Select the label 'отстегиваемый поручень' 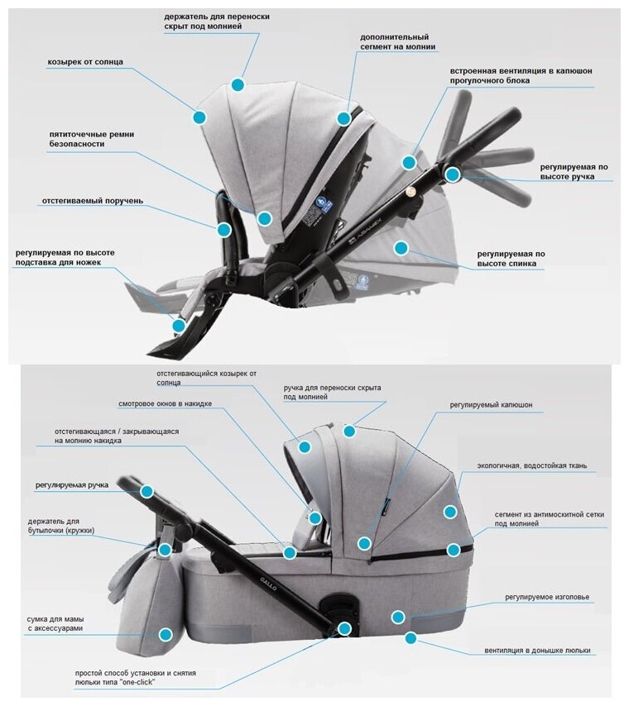pyautogui.click(x=93, y=200)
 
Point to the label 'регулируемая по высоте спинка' pyautogui.click(x=511, y=258)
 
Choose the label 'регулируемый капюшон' pyautogui.click(x=491, y=405)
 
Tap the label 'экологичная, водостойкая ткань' pyautogui.click(x=531, y=465)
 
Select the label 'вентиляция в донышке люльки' pyautogui.click(x=538, y=651)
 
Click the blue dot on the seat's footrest pyautogui.click(x=179, y=326)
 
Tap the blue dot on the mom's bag pyautogui.click(x=166, y=635)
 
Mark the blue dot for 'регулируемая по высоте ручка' pyautogui.click(x=452, y=174)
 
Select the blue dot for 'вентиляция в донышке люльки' pyautogui.click(x=411, y=637)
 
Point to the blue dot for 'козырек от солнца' pyautogui.click(x=199, y=117)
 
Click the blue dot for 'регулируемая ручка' pyautogui.click(x=147, y=491)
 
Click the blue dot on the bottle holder pyautogui.click(x=165, y=549)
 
